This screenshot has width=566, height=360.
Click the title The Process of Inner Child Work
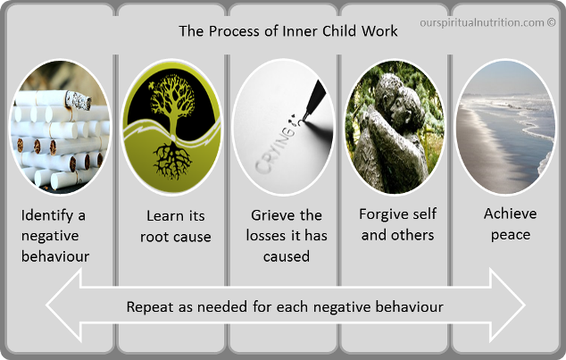tap(288, 31)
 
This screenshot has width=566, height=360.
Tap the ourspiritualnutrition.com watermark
tap(487, 22)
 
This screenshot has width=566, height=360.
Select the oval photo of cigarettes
tap(61, 127)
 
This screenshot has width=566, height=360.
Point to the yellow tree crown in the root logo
tap(172, 97)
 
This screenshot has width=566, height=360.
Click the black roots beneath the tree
tap(172, 160)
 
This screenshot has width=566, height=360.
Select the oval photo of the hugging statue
tap(395, 127)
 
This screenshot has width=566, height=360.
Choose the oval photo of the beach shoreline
tap(505, 127)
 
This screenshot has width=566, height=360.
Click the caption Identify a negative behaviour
tap(54, 236)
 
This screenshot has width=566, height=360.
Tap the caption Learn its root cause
tap(176, 226)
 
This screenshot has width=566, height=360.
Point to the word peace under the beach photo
tap(511, 235)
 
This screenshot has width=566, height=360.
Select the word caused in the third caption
tap(287, 256)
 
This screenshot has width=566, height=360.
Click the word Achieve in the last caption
tap(510, 213)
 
